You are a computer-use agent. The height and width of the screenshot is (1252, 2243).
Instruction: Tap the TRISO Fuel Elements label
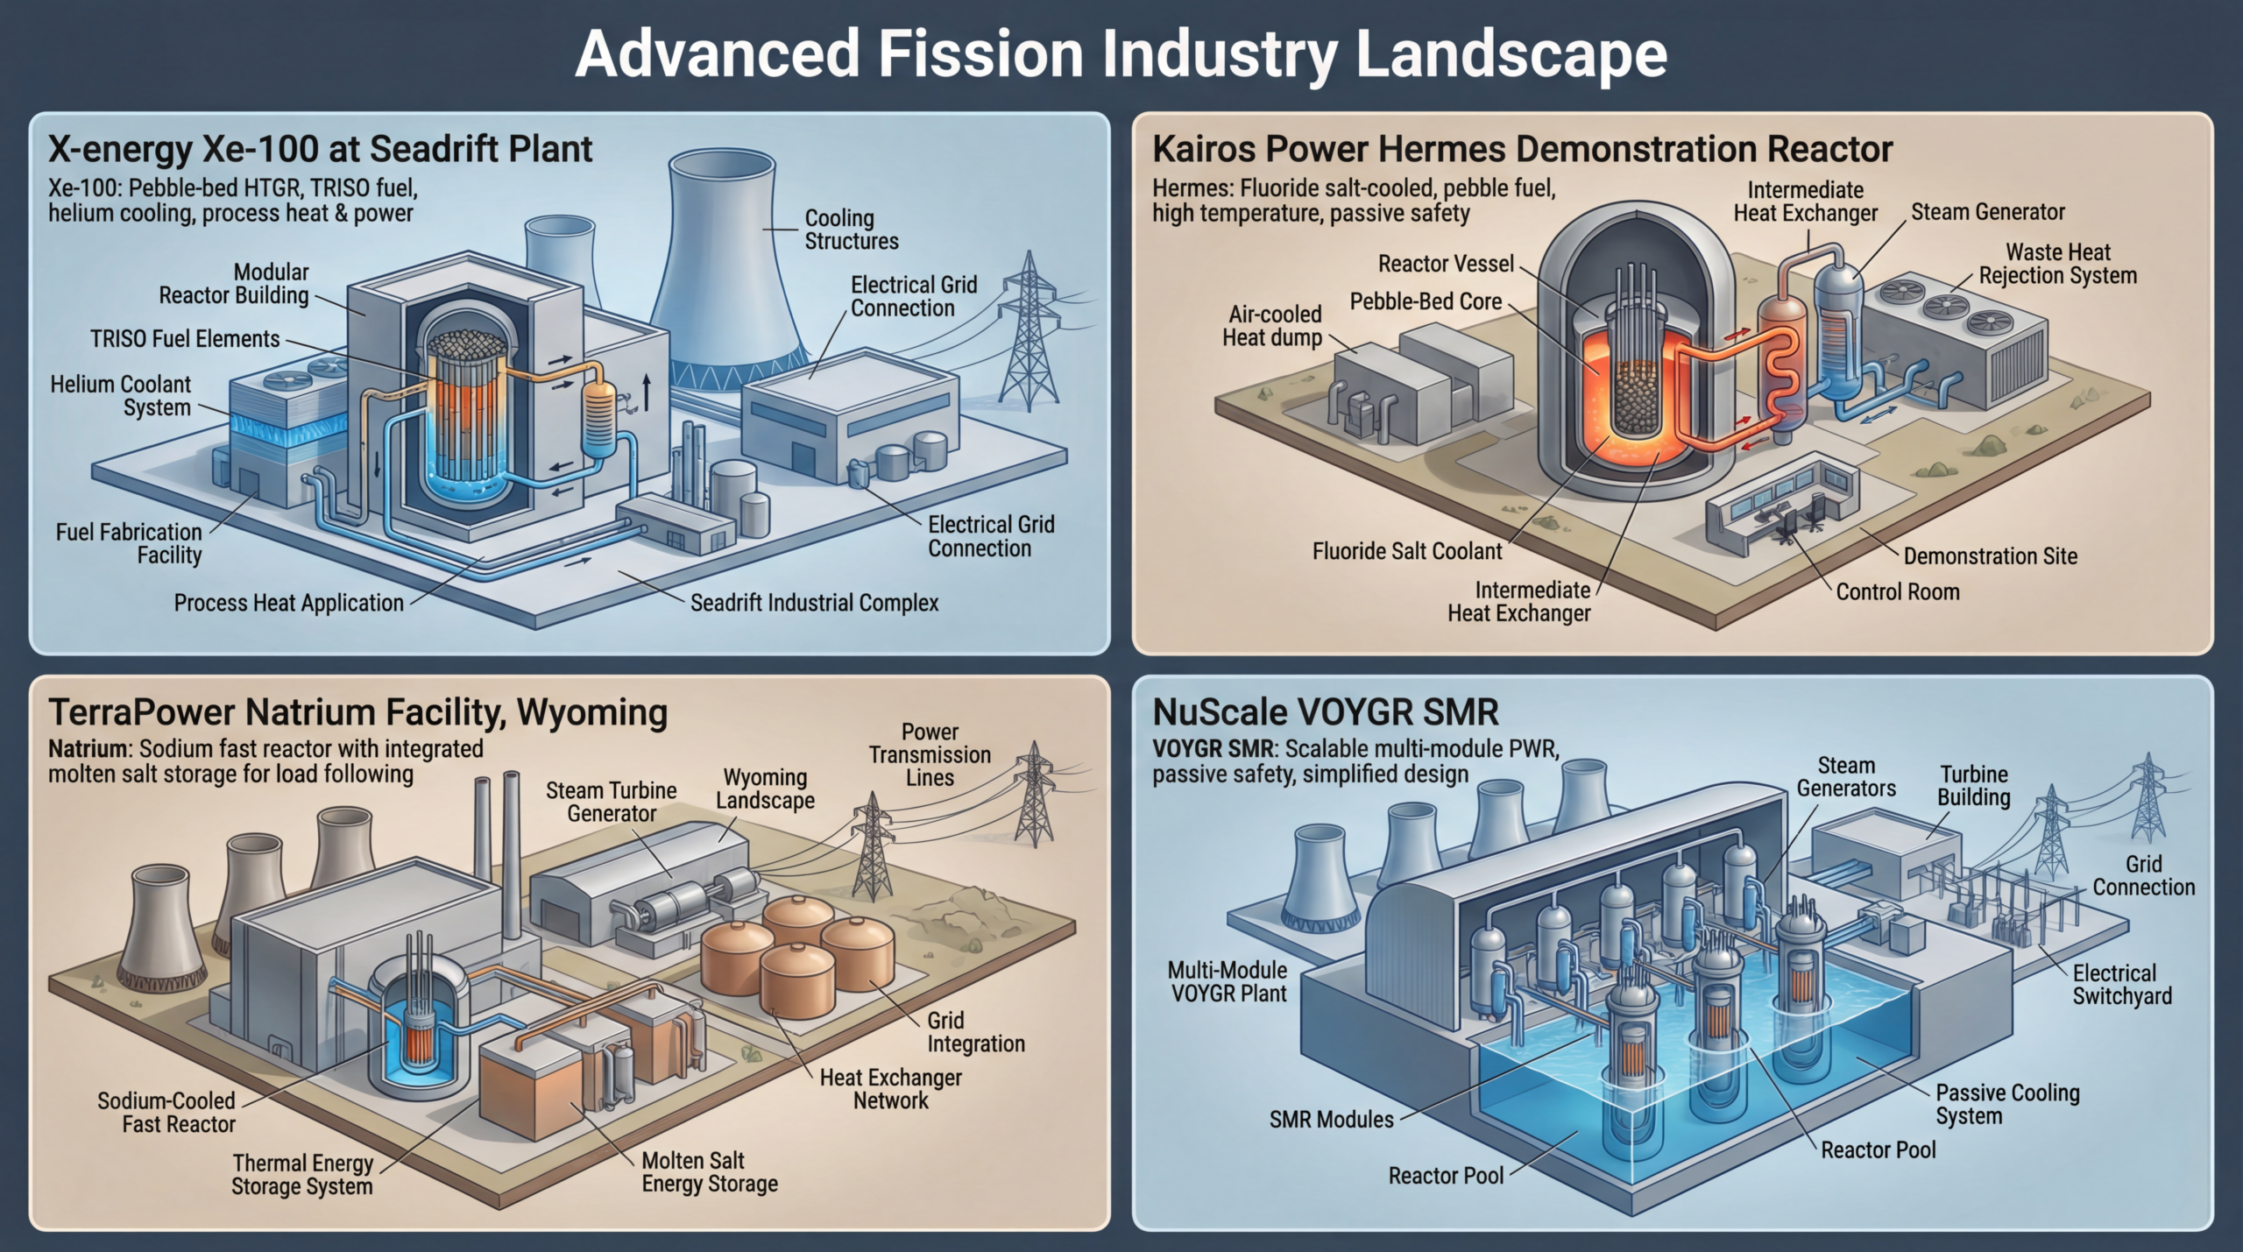(185, 339)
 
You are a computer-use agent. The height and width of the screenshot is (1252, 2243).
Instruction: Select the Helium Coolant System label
(120, 396)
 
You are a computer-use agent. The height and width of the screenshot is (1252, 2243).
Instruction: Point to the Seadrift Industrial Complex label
(814, 603)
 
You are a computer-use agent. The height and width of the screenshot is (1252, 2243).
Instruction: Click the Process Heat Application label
(288, 603)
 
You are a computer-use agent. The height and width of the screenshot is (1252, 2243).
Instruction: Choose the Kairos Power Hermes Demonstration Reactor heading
(1522, 150)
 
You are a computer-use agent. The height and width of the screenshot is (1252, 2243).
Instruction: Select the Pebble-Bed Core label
(1426, 302)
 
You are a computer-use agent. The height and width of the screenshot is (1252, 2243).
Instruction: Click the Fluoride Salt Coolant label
(1406, 551)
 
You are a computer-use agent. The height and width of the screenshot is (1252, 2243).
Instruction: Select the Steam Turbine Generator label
(612, 802)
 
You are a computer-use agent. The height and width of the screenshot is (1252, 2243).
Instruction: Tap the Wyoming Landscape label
(765, 789)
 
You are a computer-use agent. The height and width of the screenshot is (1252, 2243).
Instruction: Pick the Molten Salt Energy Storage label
(709, 1172)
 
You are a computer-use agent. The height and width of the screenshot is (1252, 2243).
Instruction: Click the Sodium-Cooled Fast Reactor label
(166, 1113)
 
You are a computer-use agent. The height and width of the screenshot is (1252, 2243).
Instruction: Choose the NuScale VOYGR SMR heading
(1325, 712)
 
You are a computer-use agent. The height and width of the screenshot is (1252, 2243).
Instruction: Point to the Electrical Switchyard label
(2121, 985)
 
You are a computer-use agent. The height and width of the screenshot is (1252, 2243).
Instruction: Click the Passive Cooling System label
(2006, 1104)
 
